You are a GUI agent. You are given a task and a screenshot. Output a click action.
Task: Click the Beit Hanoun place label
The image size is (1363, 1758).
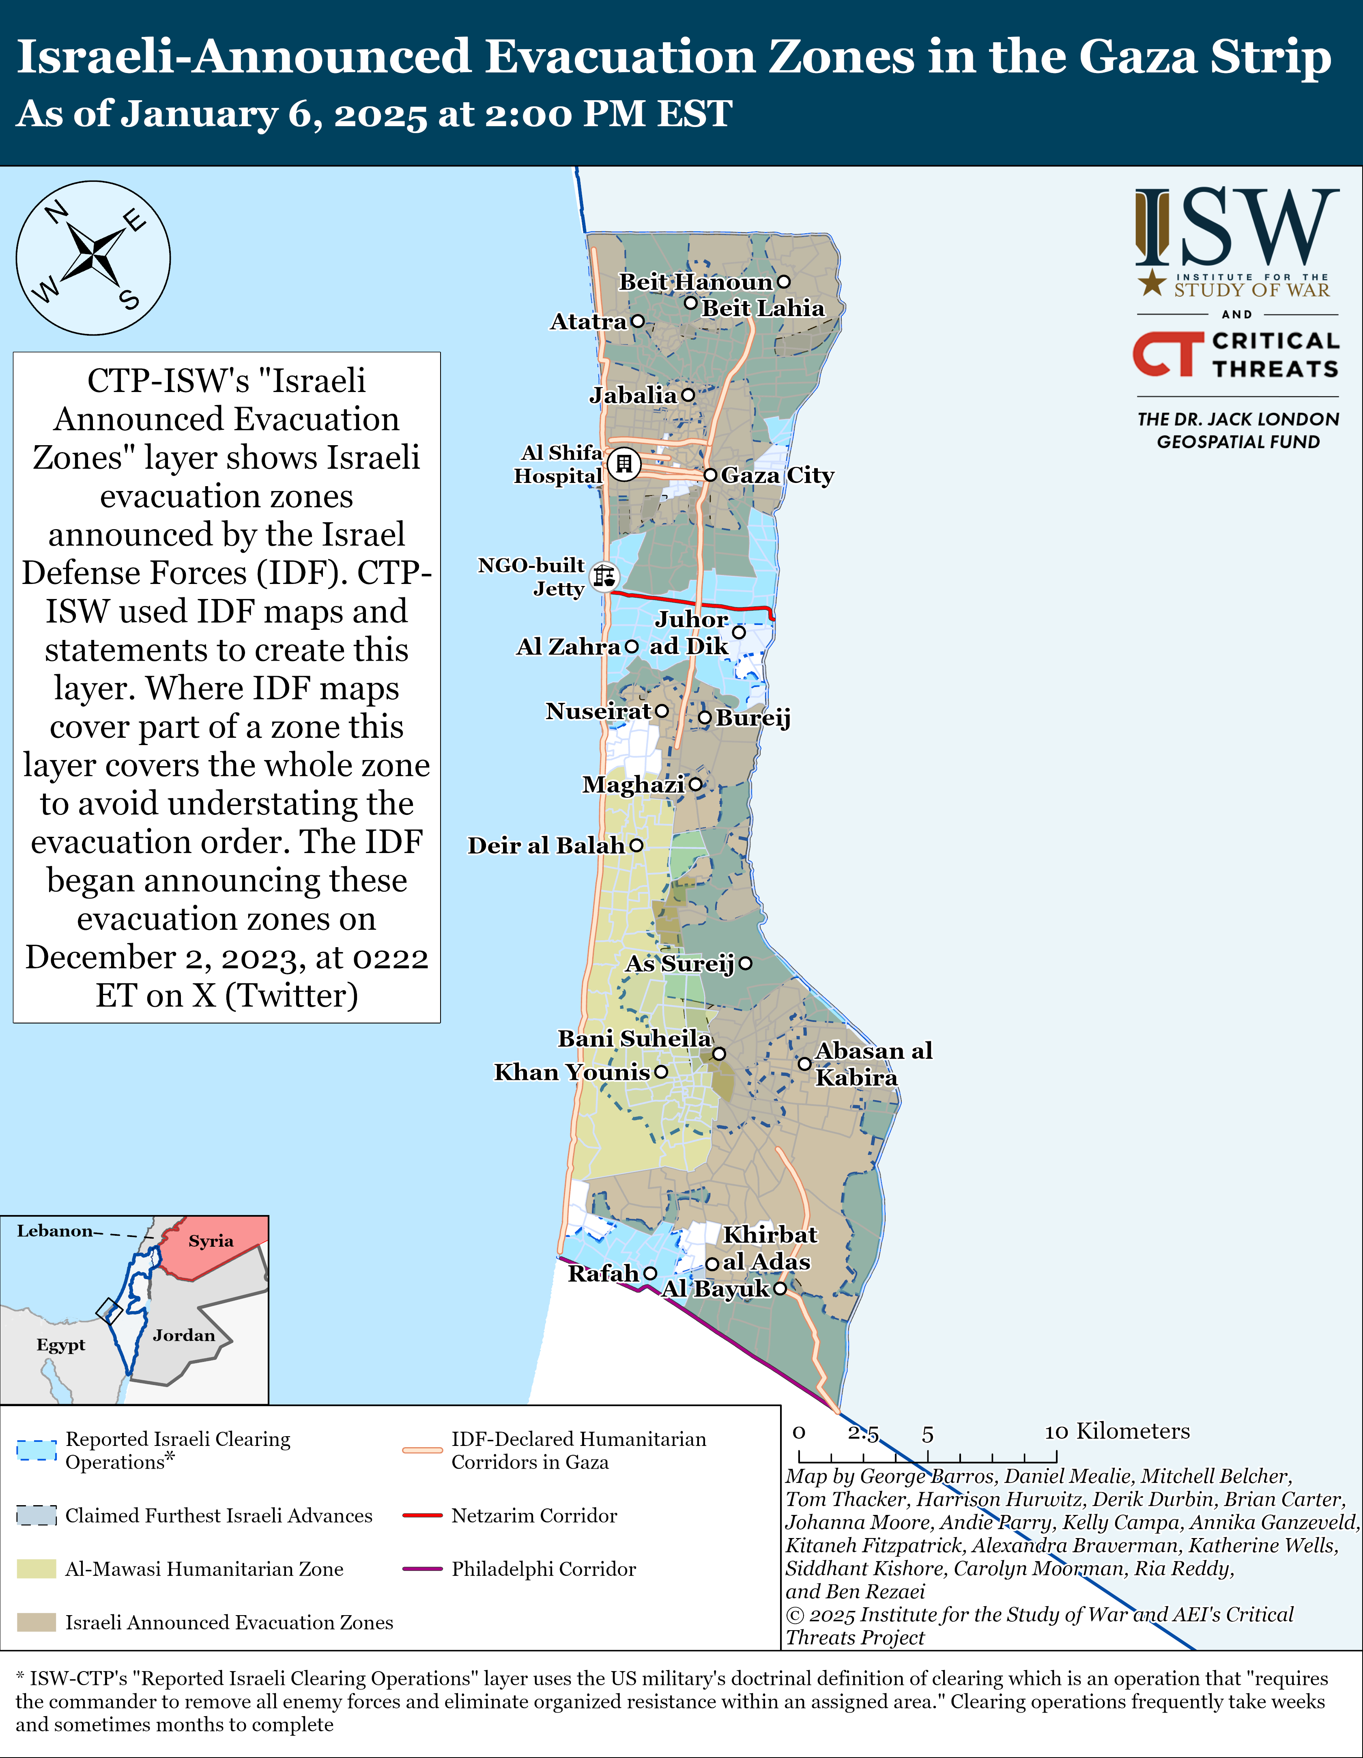pyautogui.click(x=695, y=282)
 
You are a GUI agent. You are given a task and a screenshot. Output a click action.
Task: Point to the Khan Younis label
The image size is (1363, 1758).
pyautogui.click(x=572, y=1072)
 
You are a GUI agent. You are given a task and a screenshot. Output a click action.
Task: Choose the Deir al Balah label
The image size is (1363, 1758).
pyautogui.click(x=546, y=845)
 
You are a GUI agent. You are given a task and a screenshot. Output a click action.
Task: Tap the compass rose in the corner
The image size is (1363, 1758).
pyautogui.click(x=93, y=258)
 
